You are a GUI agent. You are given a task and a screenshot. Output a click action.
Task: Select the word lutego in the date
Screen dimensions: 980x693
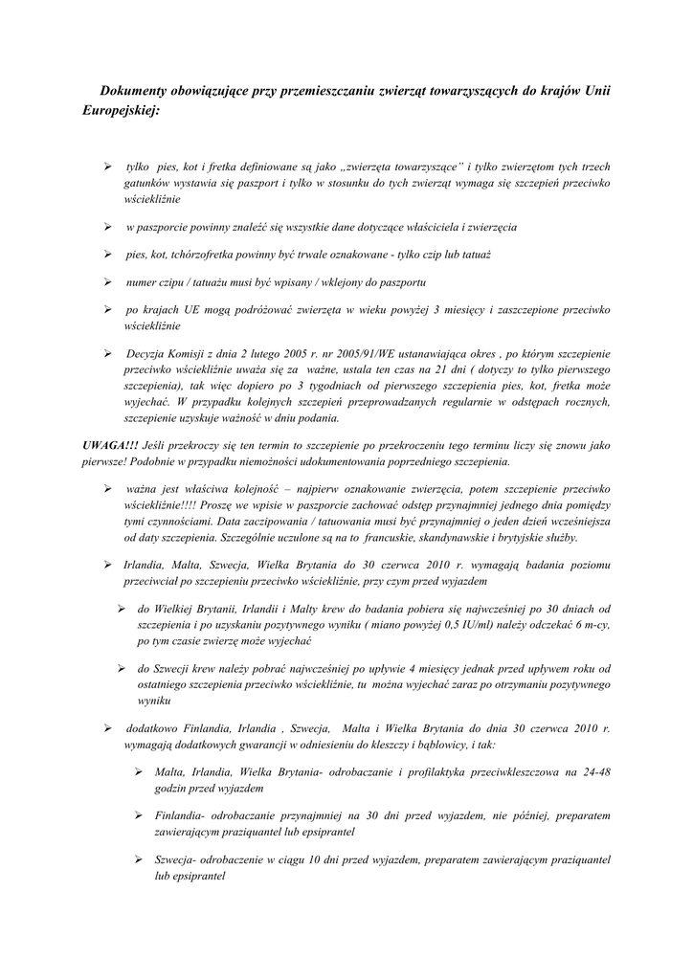pyautogui.click(x=274, y=354)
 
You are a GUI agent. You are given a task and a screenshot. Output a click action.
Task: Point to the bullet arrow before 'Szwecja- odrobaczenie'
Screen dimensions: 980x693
pyautogui.click(x=139, y=860)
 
